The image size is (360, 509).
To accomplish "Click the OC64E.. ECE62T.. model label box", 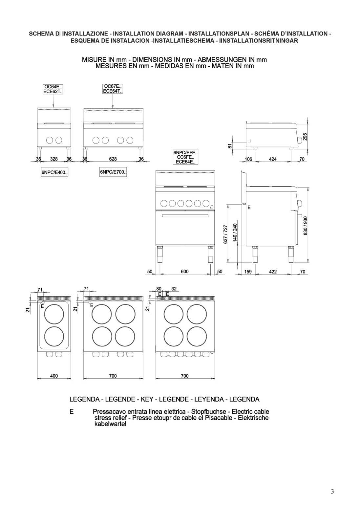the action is [x=53, y=89].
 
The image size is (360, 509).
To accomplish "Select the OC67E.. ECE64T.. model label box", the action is [x=113, y=89].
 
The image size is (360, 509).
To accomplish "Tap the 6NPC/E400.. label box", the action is [x=54, y=172].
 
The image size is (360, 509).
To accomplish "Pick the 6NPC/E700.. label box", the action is [x=113, y=172].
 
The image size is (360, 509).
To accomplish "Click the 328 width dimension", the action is [x=54, y=159].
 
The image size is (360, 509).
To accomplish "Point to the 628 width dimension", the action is [x=113, y=159].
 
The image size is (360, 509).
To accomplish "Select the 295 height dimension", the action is [x=305, y=137].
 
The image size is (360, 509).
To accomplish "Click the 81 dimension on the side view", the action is [x=230, y=146].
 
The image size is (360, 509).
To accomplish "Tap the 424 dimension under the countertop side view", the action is [x=273, y=159].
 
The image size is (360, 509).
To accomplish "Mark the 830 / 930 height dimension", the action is [x=305, y=226].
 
